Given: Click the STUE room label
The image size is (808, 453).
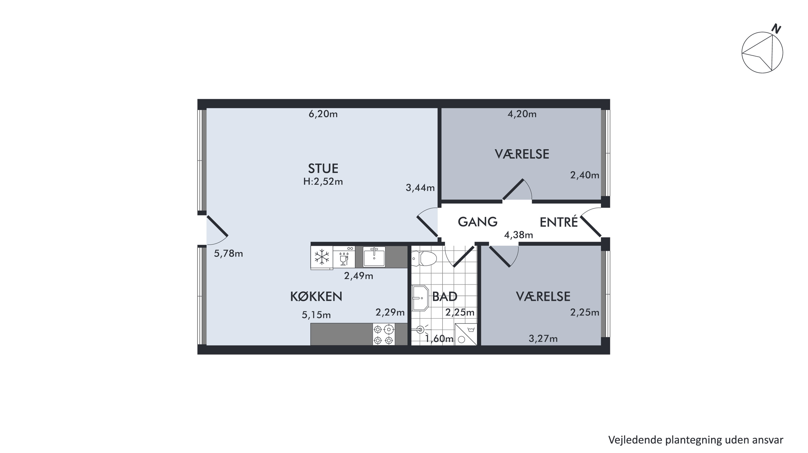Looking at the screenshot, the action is coord(323,169).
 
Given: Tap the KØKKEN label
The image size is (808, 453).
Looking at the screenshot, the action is coord(316,296).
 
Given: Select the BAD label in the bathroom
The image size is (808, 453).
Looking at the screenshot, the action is coord(445,296).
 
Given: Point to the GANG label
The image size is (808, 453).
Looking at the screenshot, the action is coord(478,222).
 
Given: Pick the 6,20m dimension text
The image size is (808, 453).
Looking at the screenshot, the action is coord(323,114).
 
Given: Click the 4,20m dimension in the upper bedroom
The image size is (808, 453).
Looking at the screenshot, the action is coord(522,114).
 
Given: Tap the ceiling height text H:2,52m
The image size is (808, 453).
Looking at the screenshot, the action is coord(323,182).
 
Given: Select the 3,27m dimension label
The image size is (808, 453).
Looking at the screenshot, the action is coord(543,338).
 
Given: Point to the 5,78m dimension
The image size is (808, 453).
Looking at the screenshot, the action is coord(228,253).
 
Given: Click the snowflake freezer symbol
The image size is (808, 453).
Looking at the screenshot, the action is coord(322,257).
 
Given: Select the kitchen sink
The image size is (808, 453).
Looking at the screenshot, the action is coord(374,257).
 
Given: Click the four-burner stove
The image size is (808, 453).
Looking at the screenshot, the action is coord(384,334).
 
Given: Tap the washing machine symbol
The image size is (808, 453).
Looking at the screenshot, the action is coord(466,334).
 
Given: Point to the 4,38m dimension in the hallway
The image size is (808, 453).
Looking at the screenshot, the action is coord(518,235).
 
